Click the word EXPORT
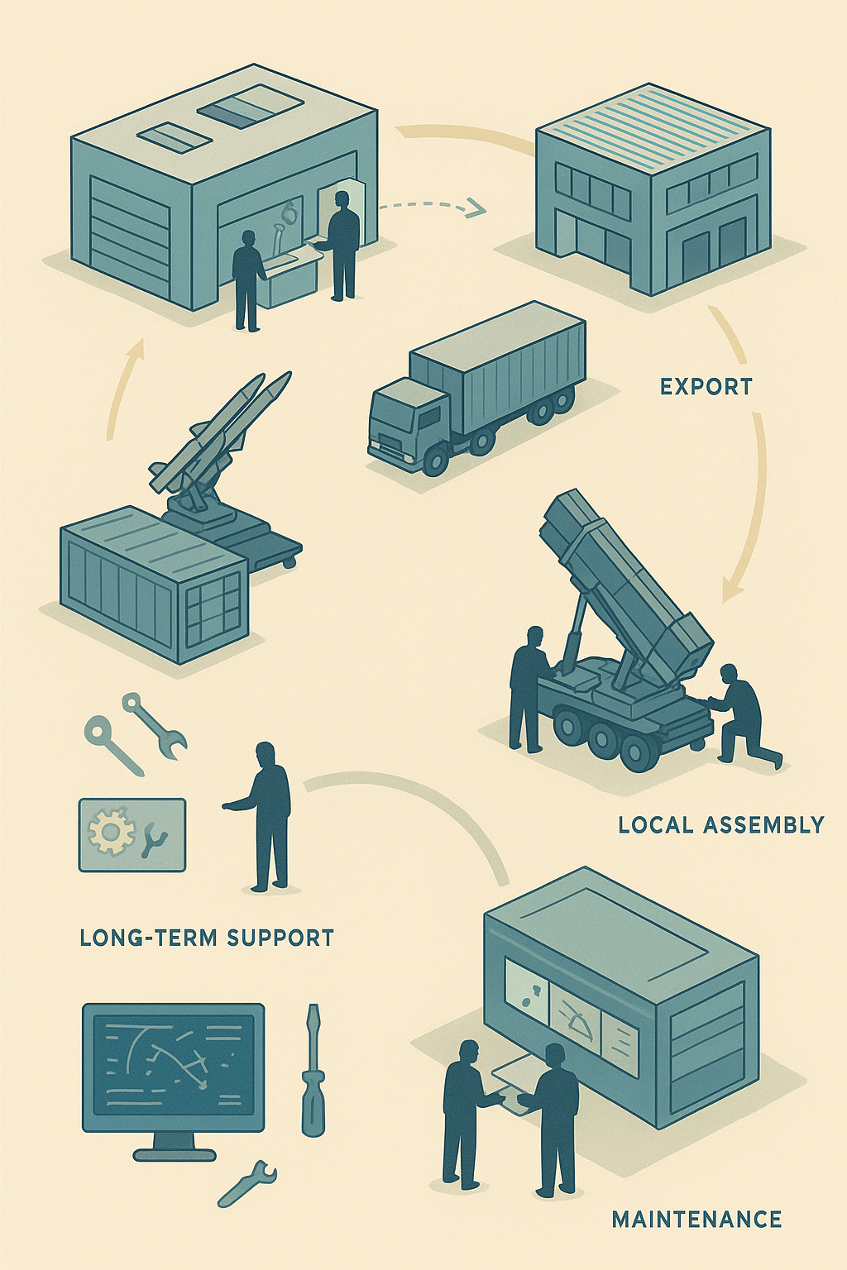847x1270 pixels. tap(706, 387)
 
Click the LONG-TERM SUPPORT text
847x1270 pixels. tap(207, 937)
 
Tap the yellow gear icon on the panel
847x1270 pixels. tap(111, 832)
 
